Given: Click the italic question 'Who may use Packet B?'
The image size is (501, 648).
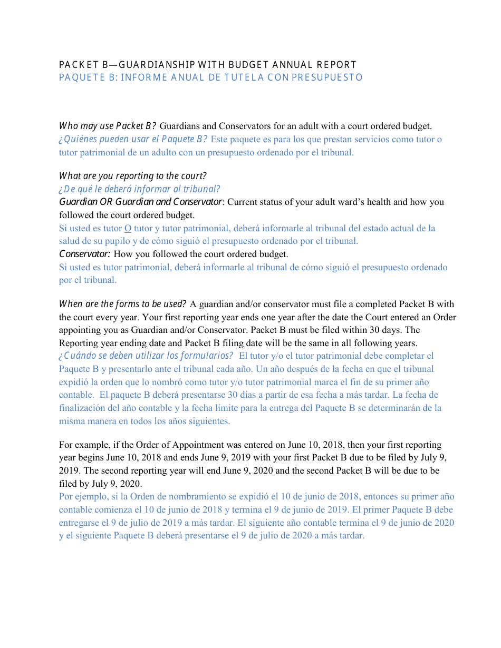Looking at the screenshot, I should [107, 126].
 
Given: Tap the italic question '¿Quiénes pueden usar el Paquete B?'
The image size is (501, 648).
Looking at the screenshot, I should [133, 139].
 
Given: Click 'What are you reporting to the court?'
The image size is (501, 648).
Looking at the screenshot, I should [132, 176].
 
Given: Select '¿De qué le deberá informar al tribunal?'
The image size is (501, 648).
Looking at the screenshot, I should [139, 189].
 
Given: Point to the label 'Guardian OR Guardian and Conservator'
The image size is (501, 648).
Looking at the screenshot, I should [140, 202].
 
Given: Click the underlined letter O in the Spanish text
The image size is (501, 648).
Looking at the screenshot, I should [127, 229].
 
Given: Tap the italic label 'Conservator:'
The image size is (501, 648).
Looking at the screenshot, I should [84, 254].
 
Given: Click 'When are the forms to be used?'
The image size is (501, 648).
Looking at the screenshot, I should [122, 304].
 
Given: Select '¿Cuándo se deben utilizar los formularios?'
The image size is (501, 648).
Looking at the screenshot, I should [146, 356].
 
